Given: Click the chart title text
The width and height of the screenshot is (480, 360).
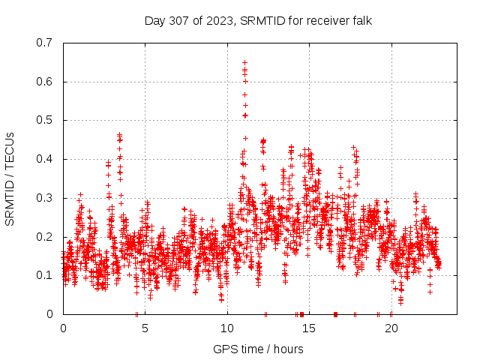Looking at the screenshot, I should tap(258, 20).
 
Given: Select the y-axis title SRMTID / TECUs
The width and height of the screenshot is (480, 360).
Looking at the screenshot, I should tap(10, 178).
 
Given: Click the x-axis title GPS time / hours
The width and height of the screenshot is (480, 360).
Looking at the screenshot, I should tap(258, 349).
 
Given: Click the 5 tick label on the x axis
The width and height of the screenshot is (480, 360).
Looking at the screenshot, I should tap(145, 328).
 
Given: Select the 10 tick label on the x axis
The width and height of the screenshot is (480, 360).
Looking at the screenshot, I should tap(227, 328).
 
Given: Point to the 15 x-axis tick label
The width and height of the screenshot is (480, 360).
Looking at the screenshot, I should tap(309, 328).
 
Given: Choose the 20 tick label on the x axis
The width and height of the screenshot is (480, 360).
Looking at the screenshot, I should tap(391, 328).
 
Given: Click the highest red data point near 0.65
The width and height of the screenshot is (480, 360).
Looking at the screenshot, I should tap(244, 62).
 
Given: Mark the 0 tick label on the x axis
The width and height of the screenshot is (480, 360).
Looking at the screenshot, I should tap(63, 328).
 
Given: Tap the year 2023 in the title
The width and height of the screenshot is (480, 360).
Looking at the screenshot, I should tap(223, 20).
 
